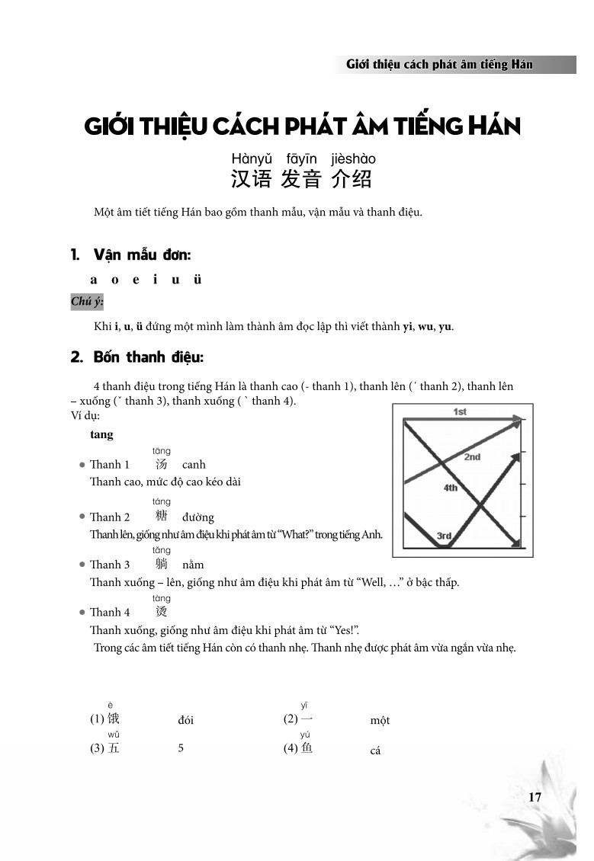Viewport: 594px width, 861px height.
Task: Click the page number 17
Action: coord(534,797)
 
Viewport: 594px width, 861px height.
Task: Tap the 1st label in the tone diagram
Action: coord(460,412)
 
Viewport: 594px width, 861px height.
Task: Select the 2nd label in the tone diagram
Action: coord(472,457)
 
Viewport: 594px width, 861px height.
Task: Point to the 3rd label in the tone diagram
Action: coord(444,536)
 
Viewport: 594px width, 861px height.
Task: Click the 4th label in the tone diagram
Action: coord(450,488)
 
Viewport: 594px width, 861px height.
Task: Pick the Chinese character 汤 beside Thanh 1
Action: coord(161,464)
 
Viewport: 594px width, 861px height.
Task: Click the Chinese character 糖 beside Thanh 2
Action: coord(161,517)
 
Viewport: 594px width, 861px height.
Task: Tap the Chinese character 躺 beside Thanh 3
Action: coord(161,564)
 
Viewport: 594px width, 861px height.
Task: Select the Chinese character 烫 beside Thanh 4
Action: coord(161,611)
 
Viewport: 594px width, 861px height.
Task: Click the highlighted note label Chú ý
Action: coord(87,302)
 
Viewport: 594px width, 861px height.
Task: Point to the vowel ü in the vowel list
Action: coord(197,279)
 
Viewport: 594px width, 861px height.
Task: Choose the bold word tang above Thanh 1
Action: coord(101,434)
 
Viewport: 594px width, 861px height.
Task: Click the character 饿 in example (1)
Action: coord(113,719)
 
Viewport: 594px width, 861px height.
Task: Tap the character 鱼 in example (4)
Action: coord(307,748)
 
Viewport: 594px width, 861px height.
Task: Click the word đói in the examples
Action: coord(186,720)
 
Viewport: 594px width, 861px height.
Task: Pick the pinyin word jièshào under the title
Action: coord(353,159)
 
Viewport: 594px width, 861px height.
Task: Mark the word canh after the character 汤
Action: coord(194,464)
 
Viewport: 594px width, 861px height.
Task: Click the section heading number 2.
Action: coord(75,357)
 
